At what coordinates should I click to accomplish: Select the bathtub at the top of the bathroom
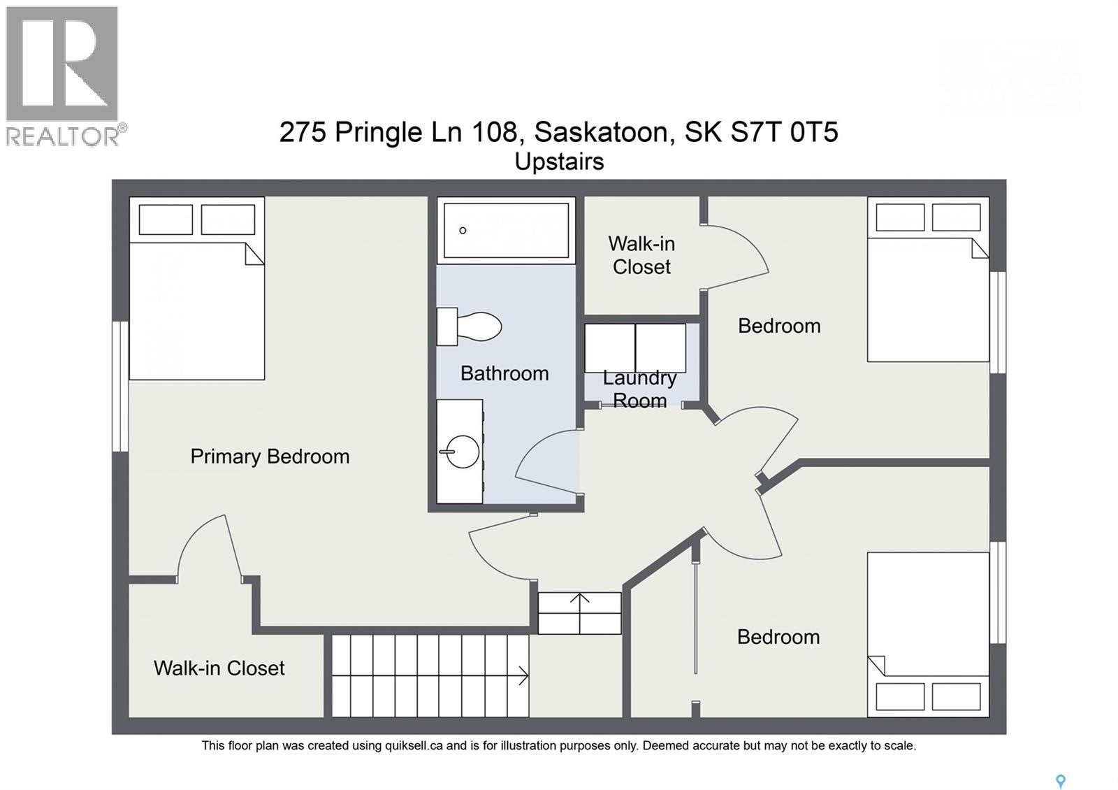coord(506,230)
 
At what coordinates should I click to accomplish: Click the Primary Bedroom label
coord(270,457)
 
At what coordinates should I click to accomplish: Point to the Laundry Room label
coord(639,389)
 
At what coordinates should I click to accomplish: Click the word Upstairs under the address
coord(559,161)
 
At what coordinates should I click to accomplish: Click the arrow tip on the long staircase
coord(525,676)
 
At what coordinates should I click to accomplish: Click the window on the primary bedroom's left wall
coord(120,386)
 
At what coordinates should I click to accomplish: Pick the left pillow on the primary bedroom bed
coord(166,220)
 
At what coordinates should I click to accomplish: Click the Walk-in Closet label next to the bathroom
coord(641,255)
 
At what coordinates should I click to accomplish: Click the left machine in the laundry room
coord(609,348)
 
